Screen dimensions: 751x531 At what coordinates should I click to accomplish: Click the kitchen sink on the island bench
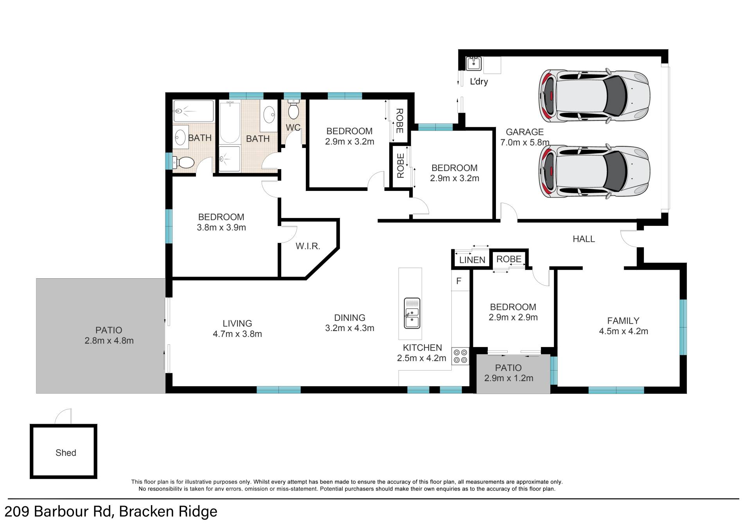(x=412, y=313)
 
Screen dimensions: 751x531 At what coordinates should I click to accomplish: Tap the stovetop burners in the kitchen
(x=460, y=356)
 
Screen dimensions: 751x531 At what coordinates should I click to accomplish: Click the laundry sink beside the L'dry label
(x=474, y=64)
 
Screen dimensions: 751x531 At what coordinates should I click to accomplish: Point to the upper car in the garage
(x=595, y=96)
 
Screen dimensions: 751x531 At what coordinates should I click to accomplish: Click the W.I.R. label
(x=308, y=246)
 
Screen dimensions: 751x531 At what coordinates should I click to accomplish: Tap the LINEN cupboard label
(x=472, y=260)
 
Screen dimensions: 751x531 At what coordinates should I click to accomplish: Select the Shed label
(x=66, y=453)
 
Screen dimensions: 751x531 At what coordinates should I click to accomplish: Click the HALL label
(x=584, y=239)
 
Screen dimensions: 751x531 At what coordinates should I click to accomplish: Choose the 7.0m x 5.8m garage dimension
(x=525, y=142)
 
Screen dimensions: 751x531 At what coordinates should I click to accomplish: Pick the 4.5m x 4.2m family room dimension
(x=623, y=331)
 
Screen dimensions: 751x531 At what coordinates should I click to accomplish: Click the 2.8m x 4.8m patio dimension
(x=109, y=340)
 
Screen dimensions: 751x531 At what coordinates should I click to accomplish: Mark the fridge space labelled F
(x=459, y=281)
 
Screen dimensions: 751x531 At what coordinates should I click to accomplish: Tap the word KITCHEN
(x=422, y=347)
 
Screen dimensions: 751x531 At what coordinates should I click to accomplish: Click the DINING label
(x=350, y=318)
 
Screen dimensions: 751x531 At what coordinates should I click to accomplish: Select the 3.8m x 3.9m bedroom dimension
(x=221, y=227)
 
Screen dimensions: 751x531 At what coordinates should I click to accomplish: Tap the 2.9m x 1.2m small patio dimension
(x=509, y=378)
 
